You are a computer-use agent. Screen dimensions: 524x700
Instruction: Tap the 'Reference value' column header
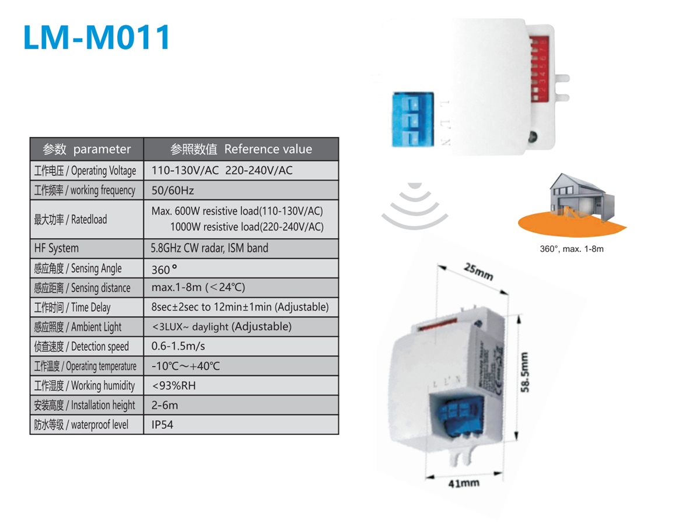pyautogui.click(x=241, y=149)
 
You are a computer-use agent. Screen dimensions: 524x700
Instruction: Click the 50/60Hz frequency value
pyautogui.click(x=173, y=191)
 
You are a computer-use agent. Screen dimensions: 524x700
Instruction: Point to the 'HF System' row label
pyautogui.click(x=56, y=248)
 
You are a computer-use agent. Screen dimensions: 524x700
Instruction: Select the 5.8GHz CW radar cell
pyautogui.click(x=209, y=248)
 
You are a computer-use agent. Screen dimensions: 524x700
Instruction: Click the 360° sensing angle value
pyautogui.click(x=164, y=269)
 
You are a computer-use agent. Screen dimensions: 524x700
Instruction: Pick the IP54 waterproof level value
pyautogui.click(x=162, y=425)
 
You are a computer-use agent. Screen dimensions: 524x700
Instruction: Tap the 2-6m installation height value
pyautogui.click(x=164, y=405)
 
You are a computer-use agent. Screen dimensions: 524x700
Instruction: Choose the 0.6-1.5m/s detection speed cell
pyautogui.click(x=178, y=346)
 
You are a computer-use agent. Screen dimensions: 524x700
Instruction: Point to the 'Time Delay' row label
pyautogui.click(x=72, y=307)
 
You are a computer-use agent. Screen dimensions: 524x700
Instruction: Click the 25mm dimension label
pyautogui.click(x=478, y=272)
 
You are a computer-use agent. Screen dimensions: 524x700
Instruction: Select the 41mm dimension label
pyautogui.click(x=464, y=483)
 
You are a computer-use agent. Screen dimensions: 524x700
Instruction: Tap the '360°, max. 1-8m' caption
pyautogui.click(x=571, y=249)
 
